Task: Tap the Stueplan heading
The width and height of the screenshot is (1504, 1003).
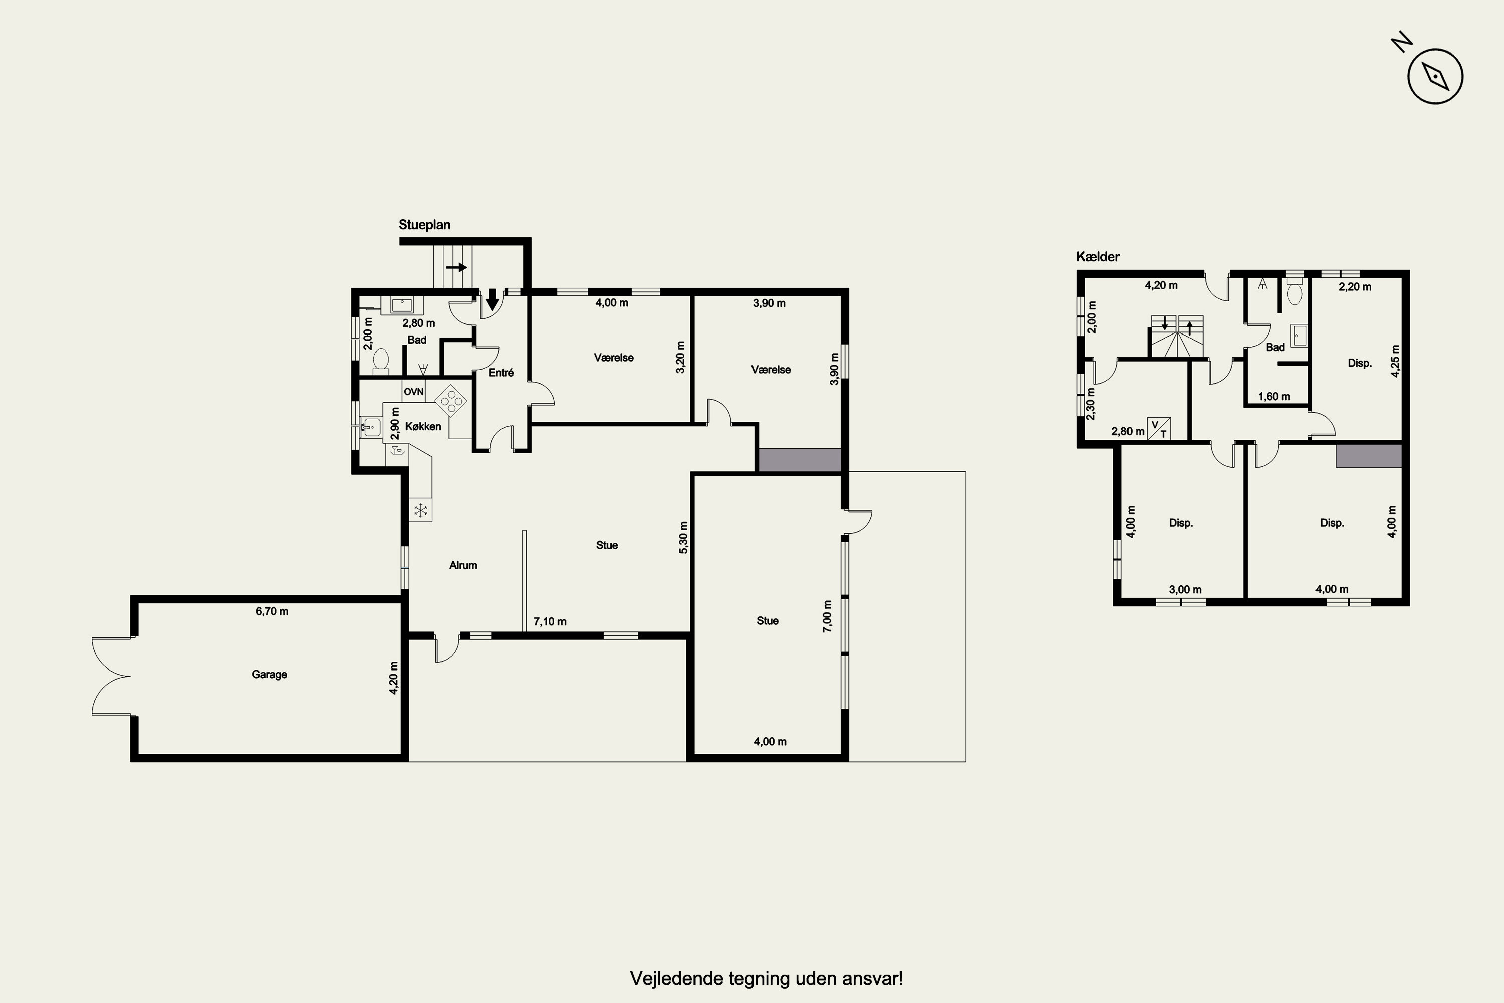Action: tap(424, 225)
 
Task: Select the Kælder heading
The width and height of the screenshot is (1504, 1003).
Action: tap(1098, 256)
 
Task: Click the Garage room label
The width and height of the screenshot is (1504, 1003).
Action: tap(269, 674)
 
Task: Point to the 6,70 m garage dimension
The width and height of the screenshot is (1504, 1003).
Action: tap(272, 611)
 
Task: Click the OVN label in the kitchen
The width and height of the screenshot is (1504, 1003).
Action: tap(413, 392)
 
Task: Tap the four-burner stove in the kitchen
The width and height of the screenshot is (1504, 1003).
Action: tap(451, 400)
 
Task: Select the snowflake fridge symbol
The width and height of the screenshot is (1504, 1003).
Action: tap(421, 511)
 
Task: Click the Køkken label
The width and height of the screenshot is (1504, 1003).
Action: tap(423, 427)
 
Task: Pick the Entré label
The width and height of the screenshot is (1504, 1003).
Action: tap(501, 372)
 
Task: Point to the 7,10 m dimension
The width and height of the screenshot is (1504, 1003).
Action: tap(550, 622)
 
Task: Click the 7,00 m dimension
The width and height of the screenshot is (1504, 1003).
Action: tap(828, 617)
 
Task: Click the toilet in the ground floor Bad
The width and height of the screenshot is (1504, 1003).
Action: tap(381, 362)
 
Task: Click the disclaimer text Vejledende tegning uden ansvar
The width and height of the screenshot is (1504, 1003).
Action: tap(766, 979)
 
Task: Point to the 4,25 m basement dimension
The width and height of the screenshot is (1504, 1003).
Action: tap(1395, 362)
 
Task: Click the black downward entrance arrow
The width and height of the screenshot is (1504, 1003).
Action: tap(492, 299)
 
